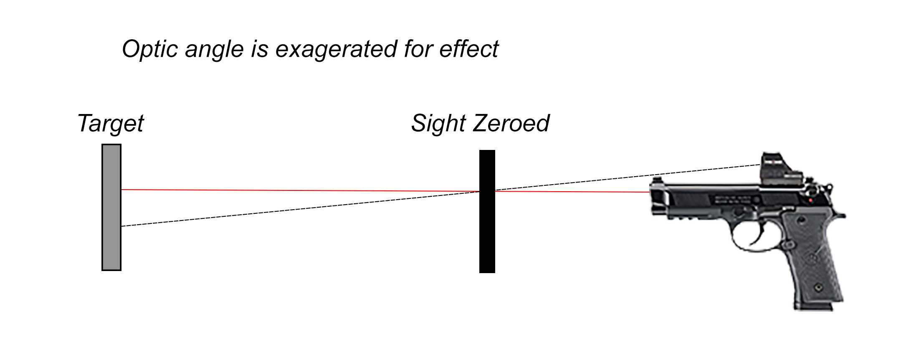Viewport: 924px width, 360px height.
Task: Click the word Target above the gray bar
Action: point(111,124)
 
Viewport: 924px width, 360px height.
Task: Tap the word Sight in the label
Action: point(438,124)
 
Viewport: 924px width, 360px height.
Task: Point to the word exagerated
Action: point(336,50)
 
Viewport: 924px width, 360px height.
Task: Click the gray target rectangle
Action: point(111,208)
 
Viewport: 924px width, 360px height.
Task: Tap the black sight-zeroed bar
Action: point(487,211)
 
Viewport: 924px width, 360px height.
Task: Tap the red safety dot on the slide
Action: point(810,201)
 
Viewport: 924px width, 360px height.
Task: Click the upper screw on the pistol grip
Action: point(801,220)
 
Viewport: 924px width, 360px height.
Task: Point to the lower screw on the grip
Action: point(818,287)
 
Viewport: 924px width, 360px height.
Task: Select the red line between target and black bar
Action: point(300,190)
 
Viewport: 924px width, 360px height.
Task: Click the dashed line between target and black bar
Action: point(300,209)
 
